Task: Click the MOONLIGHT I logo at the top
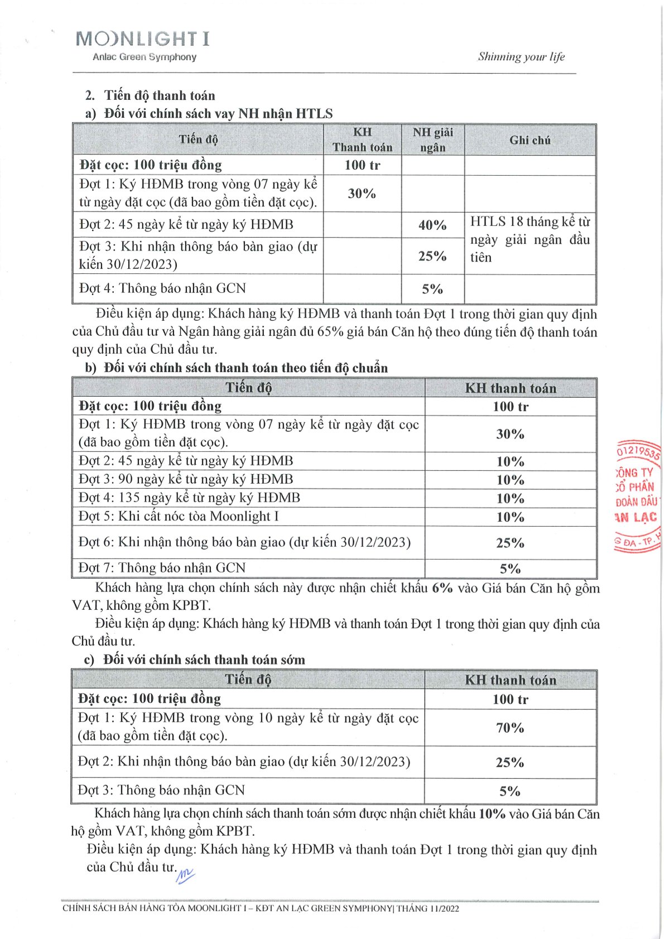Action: (x=142, y=39)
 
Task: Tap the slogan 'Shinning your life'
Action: (x=521, y=56)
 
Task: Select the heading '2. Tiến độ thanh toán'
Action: (x=151, y=95)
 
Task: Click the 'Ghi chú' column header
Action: (x=530, y=140)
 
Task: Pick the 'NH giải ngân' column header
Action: (x=432, y=139)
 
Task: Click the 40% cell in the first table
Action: (x=432, y=225)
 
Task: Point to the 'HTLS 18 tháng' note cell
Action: (x=530, y=239)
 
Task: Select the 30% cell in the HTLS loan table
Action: (x=362, y=194)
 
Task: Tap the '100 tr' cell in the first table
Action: (x=362, y=165)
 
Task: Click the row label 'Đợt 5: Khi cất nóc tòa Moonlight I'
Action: (x=179, y=516)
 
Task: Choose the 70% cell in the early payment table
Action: (x=510, y=728)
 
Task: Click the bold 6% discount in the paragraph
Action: (x=442, y=588)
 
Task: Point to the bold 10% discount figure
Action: (x=492, y=813)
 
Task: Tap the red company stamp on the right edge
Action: (x=637, y=497)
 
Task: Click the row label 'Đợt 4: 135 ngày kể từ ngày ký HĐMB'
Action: (x=189, y=498)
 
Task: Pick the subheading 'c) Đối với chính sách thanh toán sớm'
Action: (x=195, y=659)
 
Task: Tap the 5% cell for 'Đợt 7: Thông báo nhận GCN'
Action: (x=510, y=569)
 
